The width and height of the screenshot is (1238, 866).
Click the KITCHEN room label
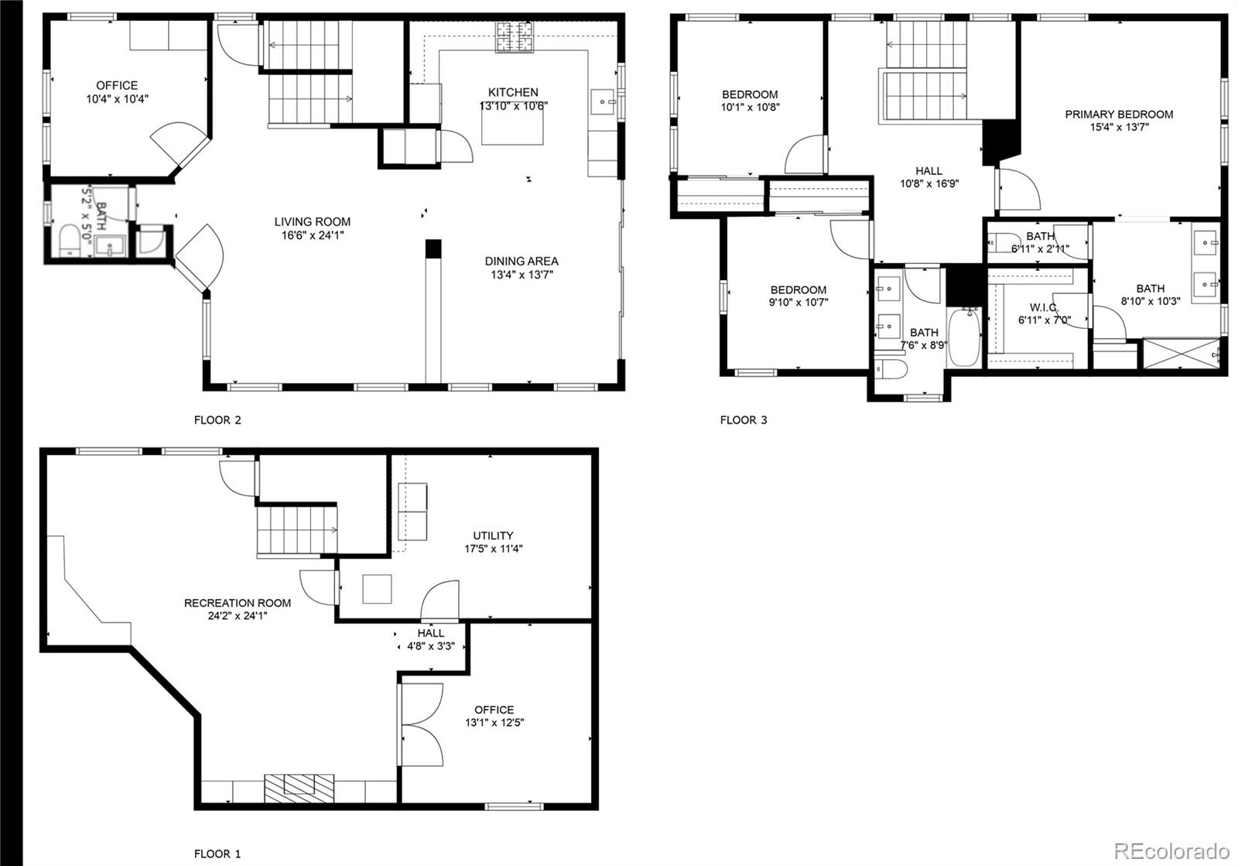(x=513, y=92)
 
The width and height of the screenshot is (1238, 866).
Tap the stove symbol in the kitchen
(x=515, y=37)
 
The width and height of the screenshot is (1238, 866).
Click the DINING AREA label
(x=522, y=262)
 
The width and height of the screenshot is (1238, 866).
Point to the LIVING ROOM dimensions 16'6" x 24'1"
(x=312, y=235)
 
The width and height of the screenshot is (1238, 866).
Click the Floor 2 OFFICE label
(x=117, y=86)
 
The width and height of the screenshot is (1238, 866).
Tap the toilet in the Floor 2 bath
(x=70, y=240)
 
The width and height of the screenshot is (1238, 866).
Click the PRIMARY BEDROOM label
(x=1119, y=115)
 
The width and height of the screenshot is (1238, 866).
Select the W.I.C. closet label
(x=1044, y=307)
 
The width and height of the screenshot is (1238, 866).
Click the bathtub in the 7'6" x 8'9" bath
(x=964, y=336)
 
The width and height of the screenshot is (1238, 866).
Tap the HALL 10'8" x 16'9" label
(x=929, y=171)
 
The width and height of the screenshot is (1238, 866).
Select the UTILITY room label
(x=493, y=536)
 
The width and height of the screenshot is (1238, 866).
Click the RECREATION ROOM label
(x=238, y=603)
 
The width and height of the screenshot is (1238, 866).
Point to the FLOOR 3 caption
(x=744, y=420)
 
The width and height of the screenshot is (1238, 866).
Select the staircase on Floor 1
(x=297, y=529)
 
